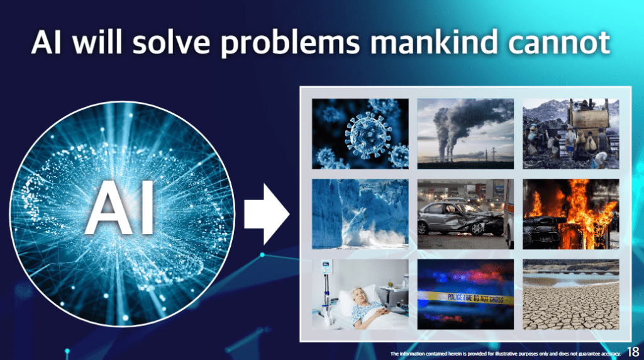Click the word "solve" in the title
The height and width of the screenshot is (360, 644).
pyautogui.click(x=171, y=42)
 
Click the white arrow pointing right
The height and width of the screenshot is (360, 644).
pyautogui.click(x=267, y=214)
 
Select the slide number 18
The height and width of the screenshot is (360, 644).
pyautogui.click(x=633, y=352)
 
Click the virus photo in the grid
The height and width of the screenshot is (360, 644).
pyautogui.click(x=360, y=133)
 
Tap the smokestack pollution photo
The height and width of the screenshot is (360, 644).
pyautogui.click(x=465, y=133)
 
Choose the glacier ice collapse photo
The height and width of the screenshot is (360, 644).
pyautogui.click(x=360, y=214)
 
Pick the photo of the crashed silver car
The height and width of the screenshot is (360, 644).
pyautogui.click(x=465, y=214)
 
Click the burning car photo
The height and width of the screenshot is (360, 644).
pyautogui.click(x=571, y=214)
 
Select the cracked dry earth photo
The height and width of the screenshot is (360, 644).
pyautogui.click(x=571, y=295)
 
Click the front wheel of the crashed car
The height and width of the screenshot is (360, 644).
pyautogui.click(x=477, y=228)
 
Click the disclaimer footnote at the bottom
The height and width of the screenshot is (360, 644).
pyautogui.click(x=505, y=354)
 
